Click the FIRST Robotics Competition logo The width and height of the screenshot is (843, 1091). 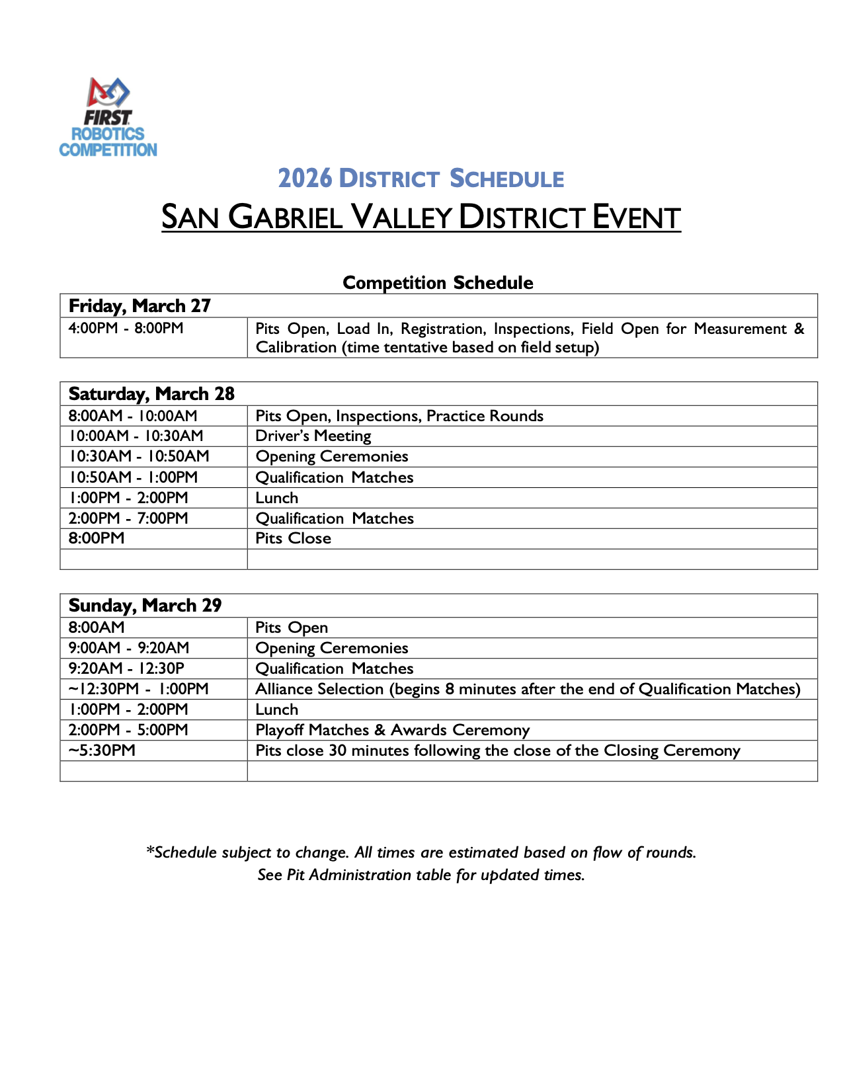coord(108,118)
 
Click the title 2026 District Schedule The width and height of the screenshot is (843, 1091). coord(421,179)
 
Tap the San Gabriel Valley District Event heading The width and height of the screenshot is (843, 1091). coord(421,217)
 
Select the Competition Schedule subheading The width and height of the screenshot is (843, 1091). coord(438,282)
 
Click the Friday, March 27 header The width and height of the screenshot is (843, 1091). coord(140,305)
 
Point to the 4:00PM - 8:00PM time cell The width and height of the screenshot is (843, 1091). coord(126,328)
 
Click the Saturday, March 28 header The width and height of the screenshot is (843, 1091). coord(151,393)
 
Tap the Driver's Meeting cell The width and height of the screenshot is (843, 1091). coord(313,436)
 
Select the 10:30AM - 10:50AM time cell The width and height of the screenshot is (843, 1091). coord(139,456)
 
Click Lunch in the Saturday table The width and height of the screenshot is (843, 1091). coord(277,498)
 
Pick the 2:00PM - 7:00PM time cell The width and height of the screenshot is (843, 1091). coord(128,518)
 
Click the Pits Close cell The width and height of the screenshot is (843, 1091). coord(293,538)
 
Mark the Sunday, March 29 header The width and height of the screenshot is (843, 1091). coord(145,605)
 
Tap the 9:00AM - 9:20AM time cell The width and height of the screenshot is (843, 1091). coord(129,648)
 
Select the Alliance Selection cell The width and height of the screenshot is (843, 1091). coord(528,689)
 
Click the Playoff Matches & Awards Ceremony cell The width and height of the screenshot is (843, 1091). coord(392,730)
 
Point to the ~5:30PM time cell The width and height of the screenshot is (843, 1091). coord(102,750)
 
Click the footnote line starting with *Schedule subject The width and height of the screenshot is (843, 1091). coord(421,852)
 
